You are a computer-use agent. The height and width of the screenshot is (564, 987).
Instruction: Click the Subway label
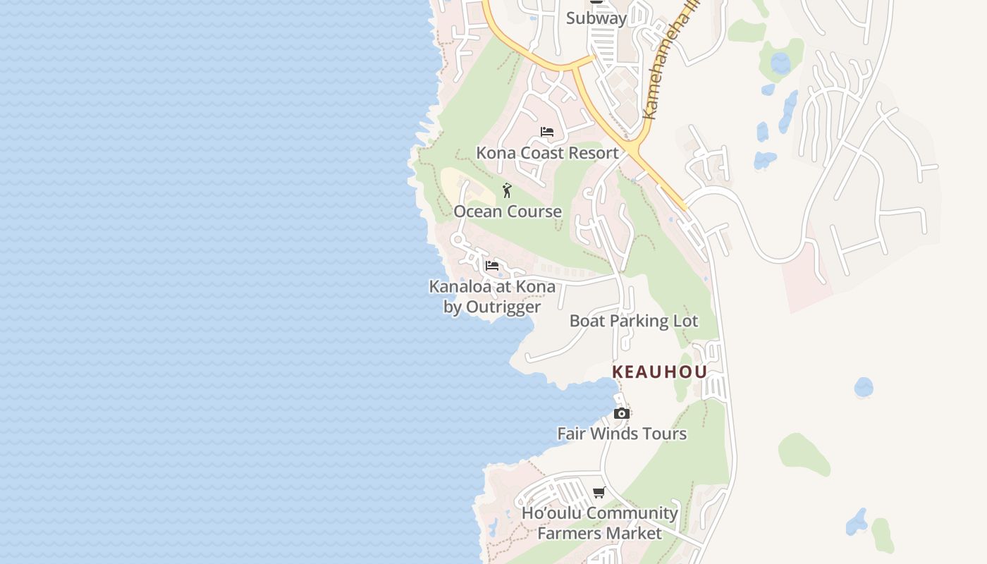coord(596,18)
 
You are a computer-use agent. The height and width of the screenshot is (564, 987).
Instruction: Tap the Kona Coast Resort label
coord(547,153)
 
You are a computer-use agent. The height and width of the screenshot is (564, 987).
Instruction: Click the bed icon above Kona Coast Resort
coord(547,132)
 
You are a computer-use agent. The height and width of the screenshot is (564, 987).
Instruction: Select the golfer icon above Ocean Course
coord(507,190)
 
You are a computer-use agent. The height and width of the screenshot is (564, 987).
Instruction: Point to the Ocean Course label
coord(508,211)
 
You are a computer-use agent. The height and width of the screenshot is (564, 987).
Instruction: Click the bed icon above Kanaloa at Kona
coord(492,266)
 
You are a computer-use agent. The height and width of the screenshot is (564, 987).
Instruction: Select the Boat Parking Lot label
coord(634,321)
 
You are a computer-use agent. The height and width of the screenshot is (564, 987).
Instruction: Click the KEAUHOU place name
coord(659,372)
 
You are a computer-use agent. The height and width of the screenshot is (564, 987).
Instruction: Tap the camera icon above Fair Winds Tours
coord(621,414)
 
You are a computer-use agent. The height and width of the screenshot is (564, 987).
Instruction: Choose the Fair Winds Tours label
coord(622,434)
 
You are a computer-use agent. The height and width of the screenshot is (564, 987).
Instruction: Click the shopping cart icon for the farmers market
coord(599,493)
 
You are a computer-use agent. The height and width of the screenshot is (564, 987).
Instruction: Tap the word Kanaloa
coord(460,287)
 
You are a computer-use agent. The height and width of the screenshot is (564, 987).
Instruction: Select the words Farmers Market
coord(599,533)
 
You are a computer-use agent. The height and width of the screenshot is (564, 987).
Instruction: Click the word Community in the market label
coord(631,513)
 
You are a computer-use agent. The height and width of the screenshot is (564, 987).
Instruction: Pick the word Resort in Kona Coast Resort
coord(592,153)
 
